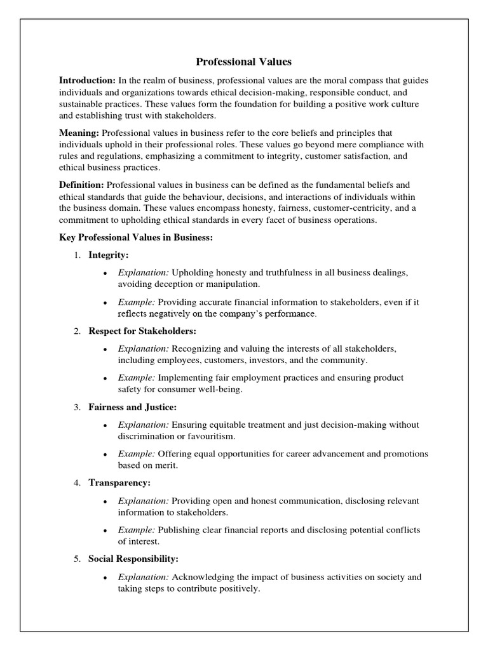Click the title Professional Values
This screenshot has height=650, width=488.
pos(243,62)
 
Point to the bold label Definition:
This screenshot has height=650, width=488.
pos(82,185)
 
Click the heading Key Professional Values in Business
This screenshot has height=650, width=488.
pos(135,237)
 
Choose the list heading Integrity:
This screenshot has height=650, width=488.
pos(109,255)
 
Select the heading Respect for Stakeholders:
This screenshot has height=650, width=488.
pos(142,331)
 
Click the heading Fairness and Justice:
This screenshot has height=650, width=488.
pos(132,406)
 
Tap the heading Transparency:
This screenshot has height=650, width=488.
pos(119,483)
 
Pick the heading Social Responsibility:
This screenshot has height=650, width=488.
pos(133,559)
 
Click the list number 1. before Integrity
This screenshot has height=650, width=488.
pos(76,255)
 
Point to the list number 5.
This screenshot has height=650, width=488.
pos(76,559)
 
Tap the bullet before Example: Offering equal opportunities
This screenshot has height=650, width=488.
pos(104,454)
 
